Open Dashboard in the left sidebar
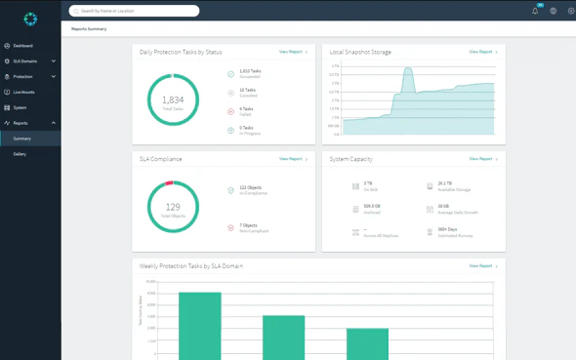(x=22, y=46)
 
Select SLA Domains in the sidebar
(x=25, y=61)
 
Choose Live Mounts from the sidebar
(x=23, y=92)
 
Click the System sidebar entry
(x=20, y=107)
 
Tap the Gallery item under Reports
(x=20, y=154)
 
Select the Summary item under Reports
(x=21, y=139)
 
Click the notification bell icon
(x=535, y=11)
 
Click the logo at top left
(x=30, y=19)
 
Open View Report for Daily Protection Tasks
(x=292, y=52)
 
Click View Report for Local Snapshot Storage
(x=482, y=52)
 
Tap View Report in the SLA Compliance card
(x=292, y=159)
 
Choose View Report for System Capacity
(x=482, y=159)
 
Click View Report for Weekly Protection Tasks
(x=482, y=265)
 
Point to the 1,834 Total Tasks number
(x=173, y=100)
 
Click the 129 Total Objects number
(x=173, y=206)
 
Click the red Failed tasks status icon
(x=231, y=111)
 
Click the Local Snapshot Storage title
(x=360, y=52)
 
